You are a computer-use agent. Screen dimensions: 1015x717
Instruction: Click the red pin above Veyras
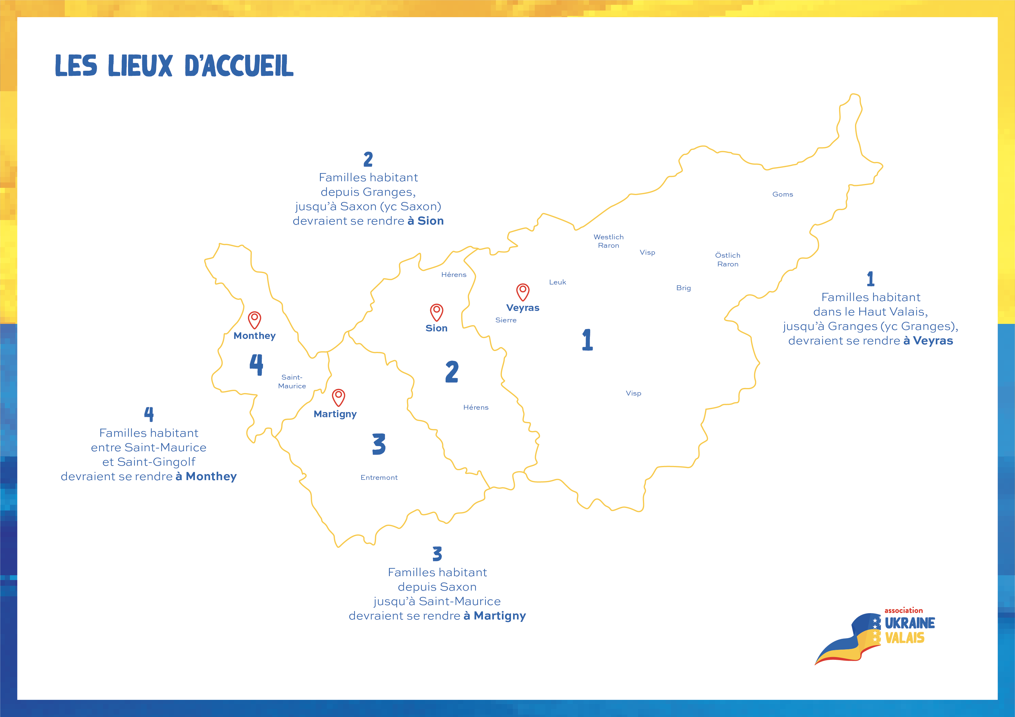pyautogui.click(x=523, y=292)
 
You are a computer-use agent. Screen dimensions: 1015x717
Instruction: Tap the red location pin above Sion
pyautogui.click(x=437, y=312)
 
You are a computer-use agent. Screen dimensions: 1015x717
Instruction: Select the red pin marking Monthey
pyautogui.click(x=255, y=320)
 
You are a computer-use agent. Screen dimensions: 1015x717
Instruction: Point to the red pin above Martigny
pyautogui.click(x=339, y=398)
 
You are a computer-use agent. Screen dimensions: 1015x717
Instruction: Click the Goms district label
pyautogui.click(x=782, y=194)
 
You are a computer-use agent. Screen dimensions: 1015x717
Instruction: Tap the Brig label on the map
pyautogui.click(x=683, y=288)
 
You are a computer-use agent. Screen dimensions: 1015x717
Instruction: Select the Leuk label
pyautogui.click(x=557, y=282)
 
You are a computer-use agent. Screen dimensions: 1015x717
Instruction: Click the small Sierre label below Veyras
pyautogui.click(x=506, y=320)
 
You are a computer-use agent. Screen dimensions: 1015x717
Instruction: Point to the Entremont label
pyautogui.click(x=379, y=478)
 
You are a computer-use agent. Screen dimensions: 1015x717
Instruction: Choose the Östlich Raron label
pyautogui.click(x=728, y=259)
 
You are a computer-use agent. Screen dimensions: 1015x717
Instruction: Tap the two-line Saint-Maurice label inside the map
pyautogui.click(x=292, y=381)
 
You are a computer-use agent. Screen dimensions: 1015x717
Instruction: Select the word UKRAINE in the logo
pyautogui.click(x=910, y=623)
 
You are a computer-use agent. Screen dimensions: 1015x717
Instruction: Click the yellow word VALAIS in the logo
pyautogui.click(x=904, y=638)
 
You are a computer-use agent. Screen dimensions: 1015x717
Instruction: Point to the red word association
pyautogui.click(x=904, y=610)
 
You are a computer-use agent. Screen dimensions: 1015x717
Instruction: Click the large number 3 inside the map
pyautogui.click(x=379, y=444)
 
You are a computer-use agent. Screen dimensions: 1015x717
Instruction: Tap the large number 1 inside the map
pyautogui.click(x=587, y=340)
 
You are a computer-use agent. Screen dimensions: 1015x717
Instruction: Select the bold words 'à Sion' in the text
pyautogui.click(x=425, y=221)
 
